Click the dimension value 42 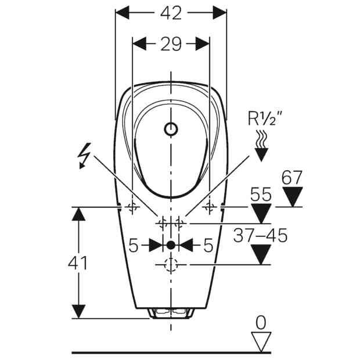click(x=171, y=13)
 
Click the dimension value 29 click(x=171, y=44)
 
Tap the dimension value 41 click(x=78, y=263)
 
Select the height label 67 click(x=292, y=177)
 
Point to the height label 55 click(x=261, y=195)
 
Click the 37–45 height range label click(x=260, y=235)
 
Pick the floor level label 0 click(x=261, y=323)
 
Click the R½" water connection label click(x=265, y=118)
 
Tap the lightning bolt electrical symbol click(x=84, y=156)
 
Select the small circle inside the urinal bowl click(x=171, y=129)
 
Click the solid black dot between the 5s click(x=171, y=245)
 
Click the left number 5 click(x=134, y=245)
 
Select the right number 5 click(x=208, y=245)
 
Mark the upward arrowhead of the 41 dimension click(x=78, y=214)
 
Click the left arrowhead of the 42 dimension click(x=122, y=13)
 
